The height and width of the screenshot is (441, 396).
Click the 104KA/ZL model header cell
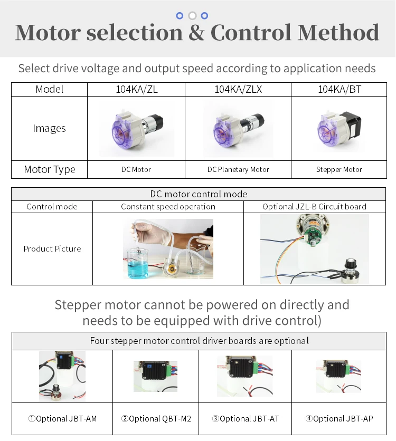(x=136, y=89)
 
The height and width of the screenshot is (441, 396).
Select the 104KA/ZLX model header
(x=238, y=89)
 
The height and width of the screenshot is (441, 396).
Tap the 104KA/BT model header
(x=339, y=89)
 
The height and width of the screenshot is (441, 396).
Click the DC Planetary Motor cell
(x=238, y=169)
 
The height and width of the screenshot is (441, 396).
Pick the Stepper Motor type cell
(x=339, y=169)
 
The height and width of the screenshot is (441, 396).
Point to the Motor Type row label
(x=50, y=169)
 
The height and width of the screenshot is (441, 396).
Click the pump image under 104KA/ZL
(x=136, y=129)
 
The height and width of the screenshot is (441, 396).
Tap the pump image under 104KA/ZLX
(x=238, y=129)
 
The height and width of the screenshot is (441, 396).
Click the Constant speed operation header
(x=168, y=206)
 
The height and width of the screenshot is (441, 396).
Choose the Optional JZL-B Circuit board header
(x=314, y=206)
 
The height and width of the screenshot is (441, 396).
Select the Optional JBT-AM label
(x=62, y=418)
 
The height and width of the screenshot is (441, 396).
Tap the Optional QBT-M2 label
(x=156, y=418)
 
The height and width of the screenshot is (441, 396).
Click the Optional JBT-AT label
(x=245, y=418)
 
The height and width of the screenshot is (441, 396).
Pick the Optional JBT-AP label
(x=339, y=418)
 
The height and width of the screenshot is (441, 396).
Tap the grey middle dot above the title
(x=192, y=15)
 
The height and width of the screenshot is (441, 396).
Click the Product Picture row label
(x=52, y=248)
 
